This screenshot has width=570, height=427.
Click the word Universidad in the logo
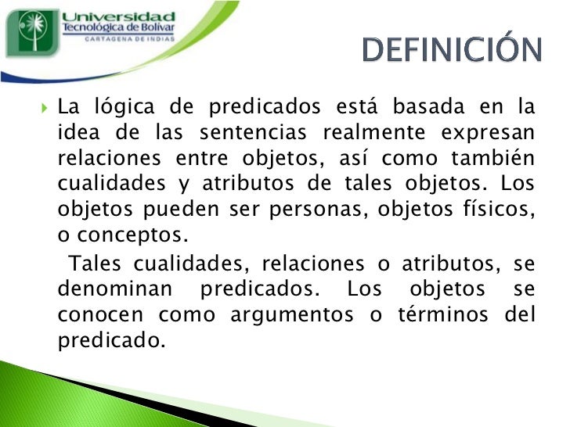[x=117, y=16]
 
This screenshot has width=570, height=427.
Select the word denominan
[x=114, y=289]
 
